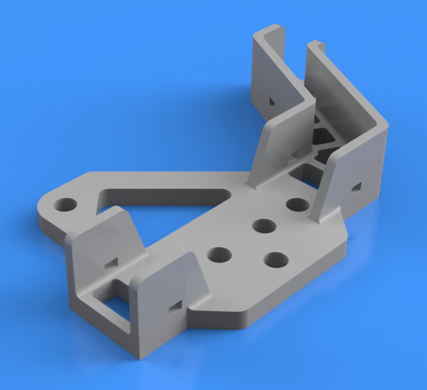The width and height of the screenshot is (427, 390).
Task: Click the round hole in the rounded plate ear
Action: point(65,205)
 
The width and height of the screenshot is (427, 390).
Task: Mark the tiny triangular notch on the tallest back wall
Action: point(271,101)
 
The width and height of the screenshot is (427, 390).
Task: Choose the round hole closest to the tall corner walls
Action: point(298,205)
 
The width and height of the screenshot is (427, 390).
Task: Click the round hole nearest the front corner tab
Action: point(219,254)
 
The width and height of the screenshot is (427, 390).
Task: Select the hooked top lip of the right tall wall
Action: point(316,45)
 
